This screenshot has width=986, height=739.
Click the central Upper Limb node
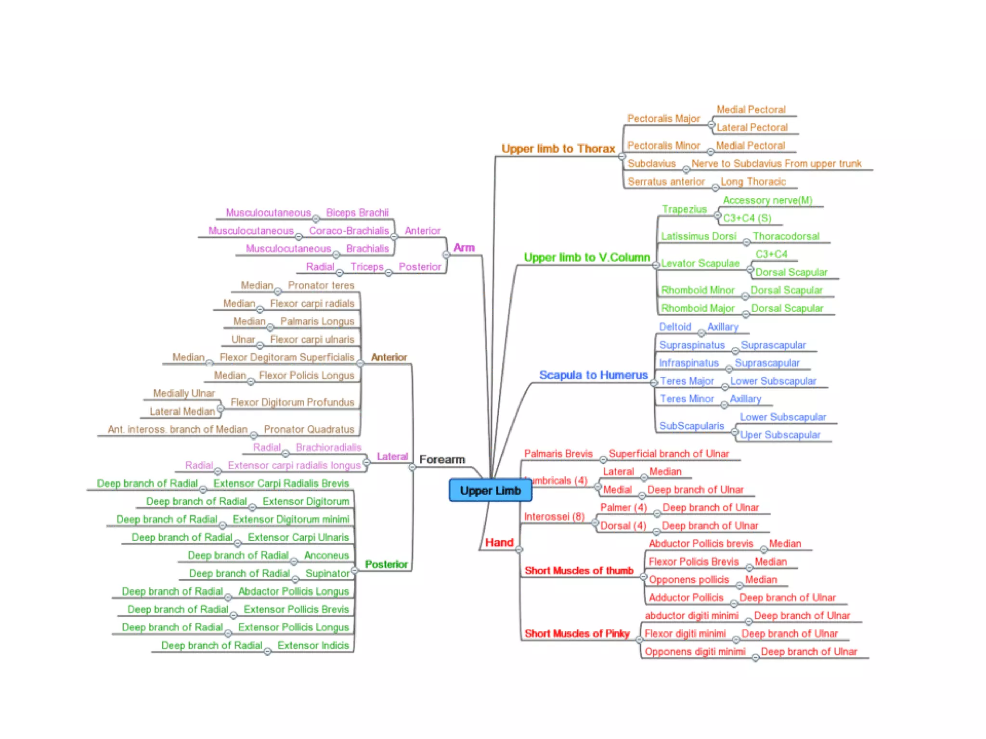pos(490,490)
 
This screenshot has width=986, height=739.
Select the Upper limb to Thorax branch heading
pos(558,149)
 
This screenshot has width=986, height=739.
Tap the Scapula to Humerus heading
pos(593,375)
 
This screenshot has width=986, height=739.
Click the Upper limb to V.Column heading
pos(586,257)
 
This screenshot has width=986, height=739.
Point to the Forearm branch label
pos(442,459)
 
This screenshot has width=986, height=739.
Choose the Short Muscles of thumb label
pos(579,571)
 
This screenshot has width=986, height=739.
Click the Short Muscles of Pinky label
pos(577,634)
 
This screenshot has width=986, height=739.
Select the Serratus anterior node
pos(666,182)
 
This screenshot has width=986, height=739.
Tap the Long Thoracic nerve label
pos(753,182)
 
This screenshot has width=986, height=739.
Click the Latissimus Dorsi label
pos(698,236)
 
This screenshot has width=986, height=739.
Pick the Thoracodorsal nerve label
pos(786,236)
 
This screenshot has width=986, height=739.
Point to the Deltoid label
pos(675,327)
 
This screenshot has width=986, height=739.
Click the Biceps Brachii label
pos(357,213)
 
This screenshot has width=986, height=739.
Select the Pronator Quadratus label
pos(309,429)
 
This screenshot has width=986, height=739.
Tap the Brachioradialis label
pos(328,447)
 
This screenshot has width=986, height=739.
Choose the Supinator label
pos(327,573)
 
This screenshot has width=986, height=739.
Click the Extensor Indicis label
pos(313,645)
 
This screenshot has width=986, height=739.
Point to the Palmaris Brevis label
pos(558,454)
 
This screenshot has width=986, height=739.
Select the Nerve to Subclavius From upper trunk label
pos(776,164)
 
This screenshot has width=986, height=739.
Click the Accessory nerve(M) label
pos(767,200)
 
